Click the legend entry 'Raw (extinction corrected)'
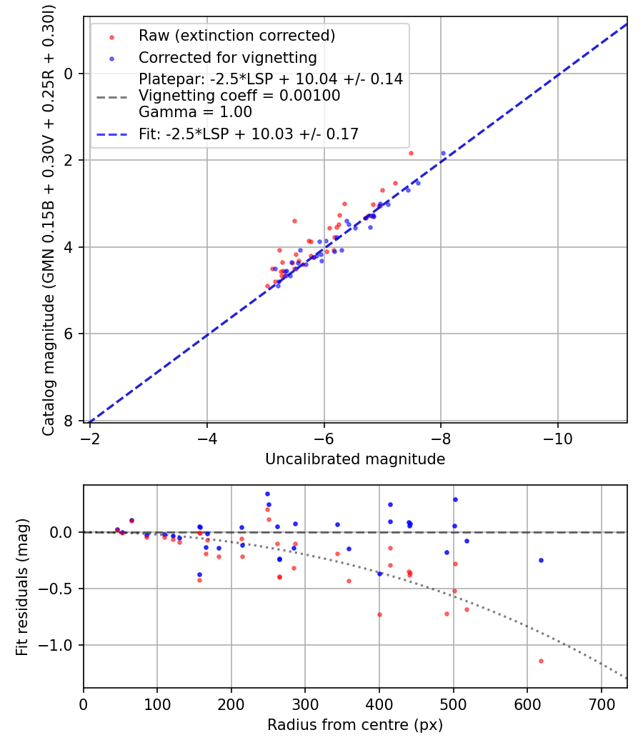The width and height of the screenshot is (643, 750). pos(236,36)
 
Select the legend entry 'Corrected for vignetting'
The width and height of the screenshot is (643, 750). pos(227,57)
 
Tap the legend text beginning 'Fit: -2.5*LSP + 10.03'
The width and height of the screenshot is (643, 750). pos(249,134)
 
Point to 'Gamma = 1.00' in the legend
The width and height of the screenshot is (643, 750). pos(195,112)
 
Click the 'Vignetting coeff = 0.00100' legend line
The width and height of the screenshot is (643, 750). pos(239,96)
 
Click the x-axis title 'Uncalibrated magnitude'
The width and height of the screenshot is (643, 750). pos(355,459)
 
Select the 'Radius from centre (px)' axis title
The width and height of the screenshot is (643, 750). pos(355,725)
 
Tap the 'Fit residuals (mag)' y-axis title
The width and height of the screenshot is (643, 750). pos(22,587)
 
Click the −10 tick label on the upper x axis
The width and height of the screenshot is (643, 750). pos(557,438)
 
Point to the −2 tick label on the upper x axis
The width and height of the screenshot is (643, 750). pos(90,438)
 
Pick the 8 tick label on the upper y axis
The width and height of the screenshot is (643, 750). pos(69,421)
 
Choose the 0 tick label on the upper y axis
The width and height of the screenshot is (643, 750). pos(69,74)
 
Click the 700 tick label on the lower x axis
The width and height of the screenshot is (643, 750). pos(601,704)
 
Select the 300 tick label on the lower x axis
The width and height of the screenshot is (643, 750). pos(305,704)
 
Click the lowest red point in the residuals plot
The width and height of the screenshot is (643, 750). pos(541,661)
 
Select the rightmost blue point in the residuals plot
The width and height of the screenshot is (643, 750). pos(541,560)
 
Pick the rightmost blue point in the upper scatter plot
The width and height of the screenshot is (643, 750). pos(443,153)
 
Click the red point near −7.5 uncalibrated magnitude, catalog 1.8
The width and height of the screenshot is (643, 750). pos(411,153)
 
